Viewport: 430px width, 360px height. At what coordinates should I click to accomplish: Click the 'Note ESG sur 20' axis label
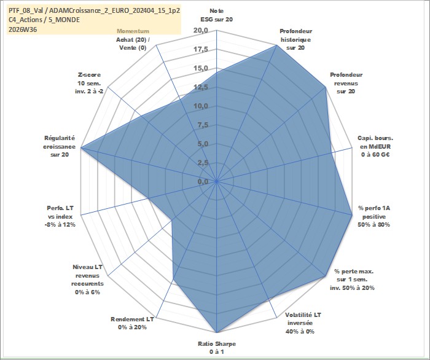[217, 15]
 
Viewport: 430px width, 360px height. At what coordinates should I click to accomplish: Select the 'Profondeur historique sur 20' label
[295, 39]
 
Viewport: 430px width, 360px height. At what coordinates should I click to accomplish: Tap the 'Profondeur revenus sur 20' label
[346, 83]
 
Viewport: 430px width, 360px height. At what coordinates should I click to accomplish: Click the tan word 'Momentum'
[133, 31]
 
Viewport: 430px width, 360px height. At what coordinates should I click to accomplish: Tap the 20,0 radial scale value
[201, 31]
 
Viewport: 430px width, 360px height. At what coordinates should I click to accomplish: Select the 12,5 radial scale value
[201, 87]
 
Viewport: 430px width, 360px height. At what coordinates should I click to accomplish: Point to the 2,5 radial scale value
[203, 163]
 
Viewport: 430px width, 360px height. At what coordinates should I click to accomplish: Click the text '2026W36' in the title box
[23, 29]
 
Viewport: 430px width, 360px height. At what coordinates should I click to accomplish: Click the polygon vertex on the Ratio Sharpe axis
[217, 332]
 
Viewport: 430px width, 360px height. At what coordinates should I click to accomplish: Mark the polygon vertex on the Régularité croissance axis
[81, 148]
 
